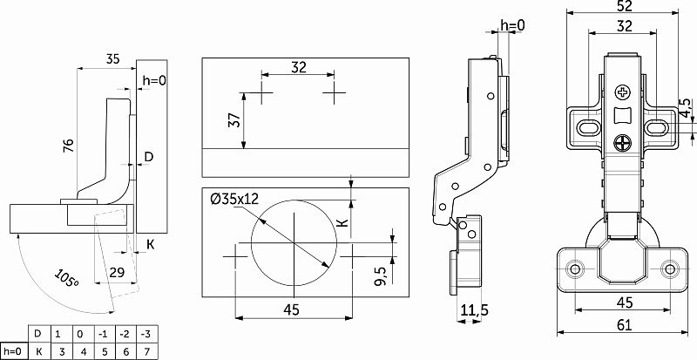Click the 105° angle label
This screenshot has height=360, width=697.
[x=66, y=278]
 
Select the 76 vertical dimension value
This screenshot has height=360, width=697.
[x=70, y=146]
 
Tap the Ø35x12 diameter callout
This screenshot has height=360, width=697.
[x=234, y=199]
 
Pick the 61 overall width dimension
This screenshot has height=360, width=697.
[x=624, y=325]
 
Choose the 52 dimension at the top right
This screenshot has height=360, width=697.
[x=624, y=5]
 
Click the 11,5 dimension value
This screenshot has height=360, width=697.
[x=474, y=310]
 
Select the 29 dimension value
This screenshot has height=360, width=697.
[x=117, y=272]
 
